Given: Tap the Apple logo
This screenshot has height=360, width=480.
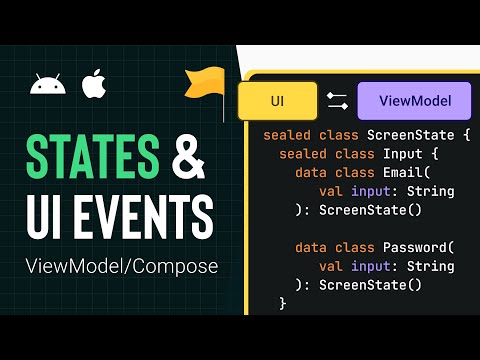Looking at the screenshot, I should [93, 84].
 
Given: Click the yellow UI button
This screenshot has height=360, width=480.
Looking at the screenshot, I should [278, 101].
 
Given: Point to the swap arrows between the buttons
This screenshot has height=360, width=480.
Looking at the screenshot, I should [337, 101].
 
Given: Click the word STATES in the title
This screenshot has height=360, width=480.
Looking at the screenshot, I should [92, 157].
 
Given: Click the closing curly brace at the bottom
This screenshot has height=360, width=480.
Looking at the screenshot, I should [283, 302].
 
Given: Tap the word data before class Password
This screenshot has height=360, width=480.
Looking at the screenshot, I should [311, 247].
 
